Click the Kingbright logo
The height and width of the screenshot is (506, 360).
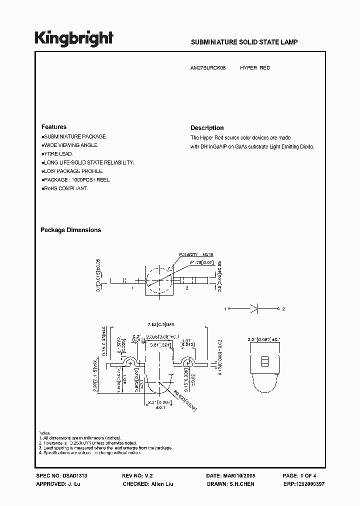pyautogui.click(x=74, y=38)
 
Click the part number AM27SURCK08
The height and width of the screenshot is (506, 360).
pyautogui.click(x=208, y=67)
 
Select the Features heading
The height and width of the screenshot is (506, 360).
pyautogui.click(x=54, y=127)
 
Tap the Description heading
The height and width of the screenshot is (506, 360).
pyautogui.click(x=207, y=128)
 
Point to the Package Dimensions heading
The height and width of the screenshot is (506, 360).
pyautogui.click(x=70, y=230)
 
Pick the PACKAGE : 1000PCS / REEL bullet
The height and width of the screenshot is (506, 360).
pyautogui.click(x=76, y=179)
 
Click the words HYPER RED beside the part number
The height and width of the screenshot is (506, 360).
pyautogui.click(x=255, y=67)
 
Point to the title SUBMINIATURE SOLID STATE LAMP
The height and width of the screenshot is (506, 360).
pyautogui.click(x=244, y=42)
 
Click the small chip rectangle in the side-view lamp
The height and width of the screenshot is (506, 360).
pyautogui.click(x=265, y=360)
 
